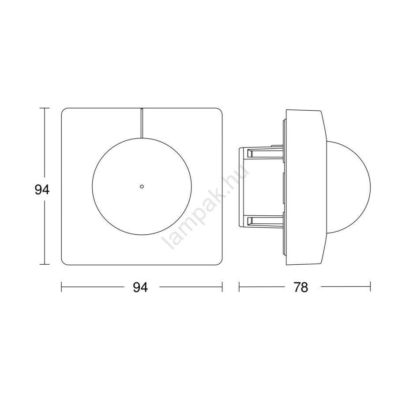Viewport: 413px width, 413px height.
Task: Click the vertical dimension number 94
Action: point(42,190)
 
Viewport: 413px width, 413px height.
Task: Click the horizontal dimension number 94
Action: point(140,287)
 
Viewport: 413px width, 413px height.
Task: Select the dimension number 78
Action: point(300,287)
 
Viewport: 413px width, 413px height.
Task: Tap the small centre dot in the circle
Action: point(142,187)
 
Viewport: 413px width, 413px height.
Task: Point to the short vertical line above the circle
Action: point(142,123)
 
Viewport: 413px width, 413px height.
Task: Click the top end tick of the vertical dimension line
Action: point(45,108)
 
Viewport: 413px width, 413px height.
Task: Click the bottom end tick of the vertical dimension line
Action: point(45,264)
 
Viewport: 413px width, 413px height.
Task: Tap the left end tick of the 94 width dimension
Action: point(61,287)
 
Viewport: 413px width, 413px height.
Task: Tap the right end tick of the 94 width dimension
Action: point(222,287)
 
